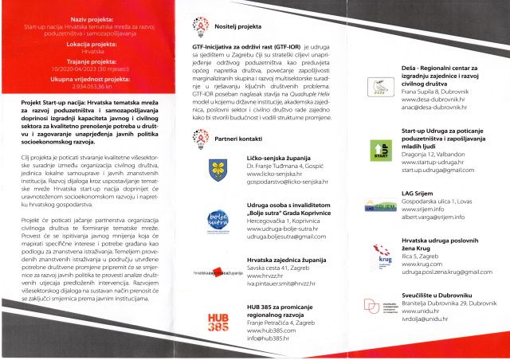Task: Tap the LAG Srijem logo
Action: [x=380, y=207]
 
